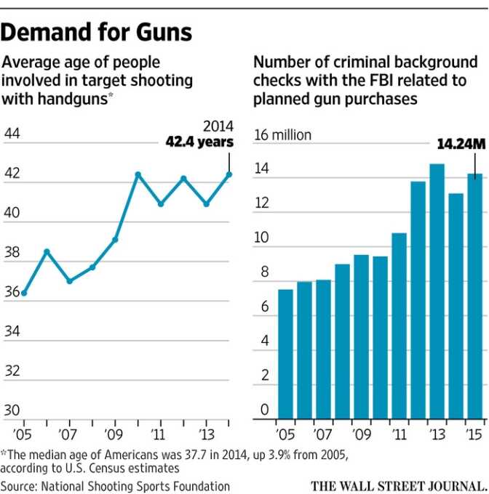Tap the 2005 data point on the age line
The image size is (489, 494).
(x=24, y=293)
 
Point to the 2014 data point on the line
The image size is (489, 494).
(x=228, y=174)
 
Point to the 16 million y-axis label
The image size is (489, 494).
(x=282, y=134)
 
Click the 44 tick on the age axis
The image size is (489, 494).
(x=12, y=134)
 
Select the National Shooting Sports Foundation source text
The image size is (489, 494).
(x=140, y=485)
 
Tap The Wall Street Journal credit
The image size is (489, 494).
(x=399, y=485)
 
